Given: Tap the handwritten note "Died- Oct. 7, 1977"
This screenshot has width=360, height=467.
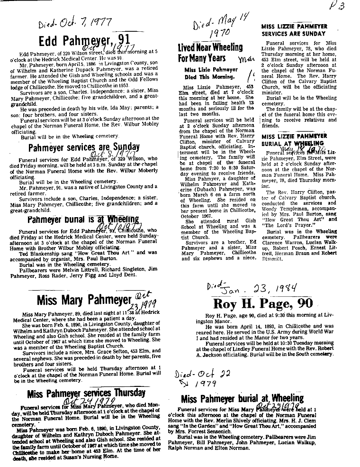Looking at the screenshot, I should pos(74,22).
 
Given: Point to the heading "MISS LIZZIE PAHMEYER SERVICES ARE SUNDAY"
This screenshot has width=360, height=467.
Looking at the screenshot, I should pos(294,30).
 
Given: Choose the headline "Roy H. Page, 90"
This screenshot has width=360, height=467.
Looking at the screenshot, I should pos(256,304).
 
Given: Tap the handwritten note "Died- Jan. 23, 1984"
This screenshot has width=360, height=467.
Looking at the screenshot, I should pos(258,287).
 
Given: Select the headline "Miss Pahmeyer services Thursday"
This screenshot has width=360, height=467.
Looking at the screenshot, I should pos(86,393).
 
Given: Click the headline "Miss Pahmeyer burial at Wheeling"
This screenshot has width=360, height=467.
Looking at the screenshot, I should pos(242,398).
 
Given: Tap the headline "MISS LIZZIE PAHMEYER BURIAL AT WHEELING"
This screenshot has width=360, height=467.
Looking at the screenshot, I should pos(294,139).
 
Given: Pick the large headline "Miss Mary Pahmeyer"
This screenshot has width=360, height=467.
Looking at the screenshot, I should pos(83,301).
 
